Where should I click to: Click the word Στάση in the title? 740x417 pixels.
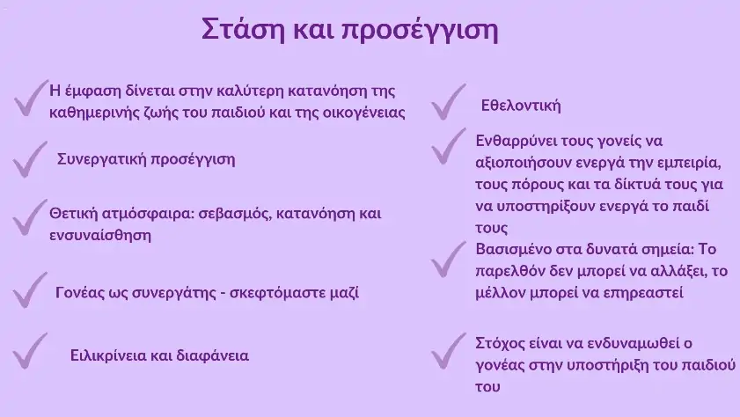(244, 29)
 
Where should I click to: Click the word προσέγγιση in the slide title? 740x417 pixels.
(420, 31)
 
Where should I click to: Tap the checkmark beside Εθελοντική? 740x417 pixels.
(448, 102)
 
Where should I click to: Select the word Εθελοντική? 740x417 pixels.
(521, 105)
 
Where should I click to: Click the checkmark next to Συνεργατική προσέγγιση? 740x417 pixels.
(30, 159)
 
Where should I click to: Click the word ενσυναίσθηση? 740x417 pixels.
(100, 235)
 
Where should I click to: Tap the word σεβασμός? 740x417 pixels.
(235, 214)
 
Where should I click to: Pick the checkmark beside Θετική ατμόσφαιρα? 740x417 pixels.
(30, 217)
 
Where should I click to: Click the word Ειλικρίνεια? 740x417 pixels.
(108, 355)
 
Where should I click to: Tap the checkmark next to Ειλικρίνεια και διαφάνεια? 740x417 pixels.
(30, 350)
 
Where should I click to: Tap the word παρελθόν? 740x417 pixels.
(509, 272)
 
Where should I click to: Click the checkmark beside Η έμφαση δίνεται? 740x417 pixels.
(31, 99)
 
